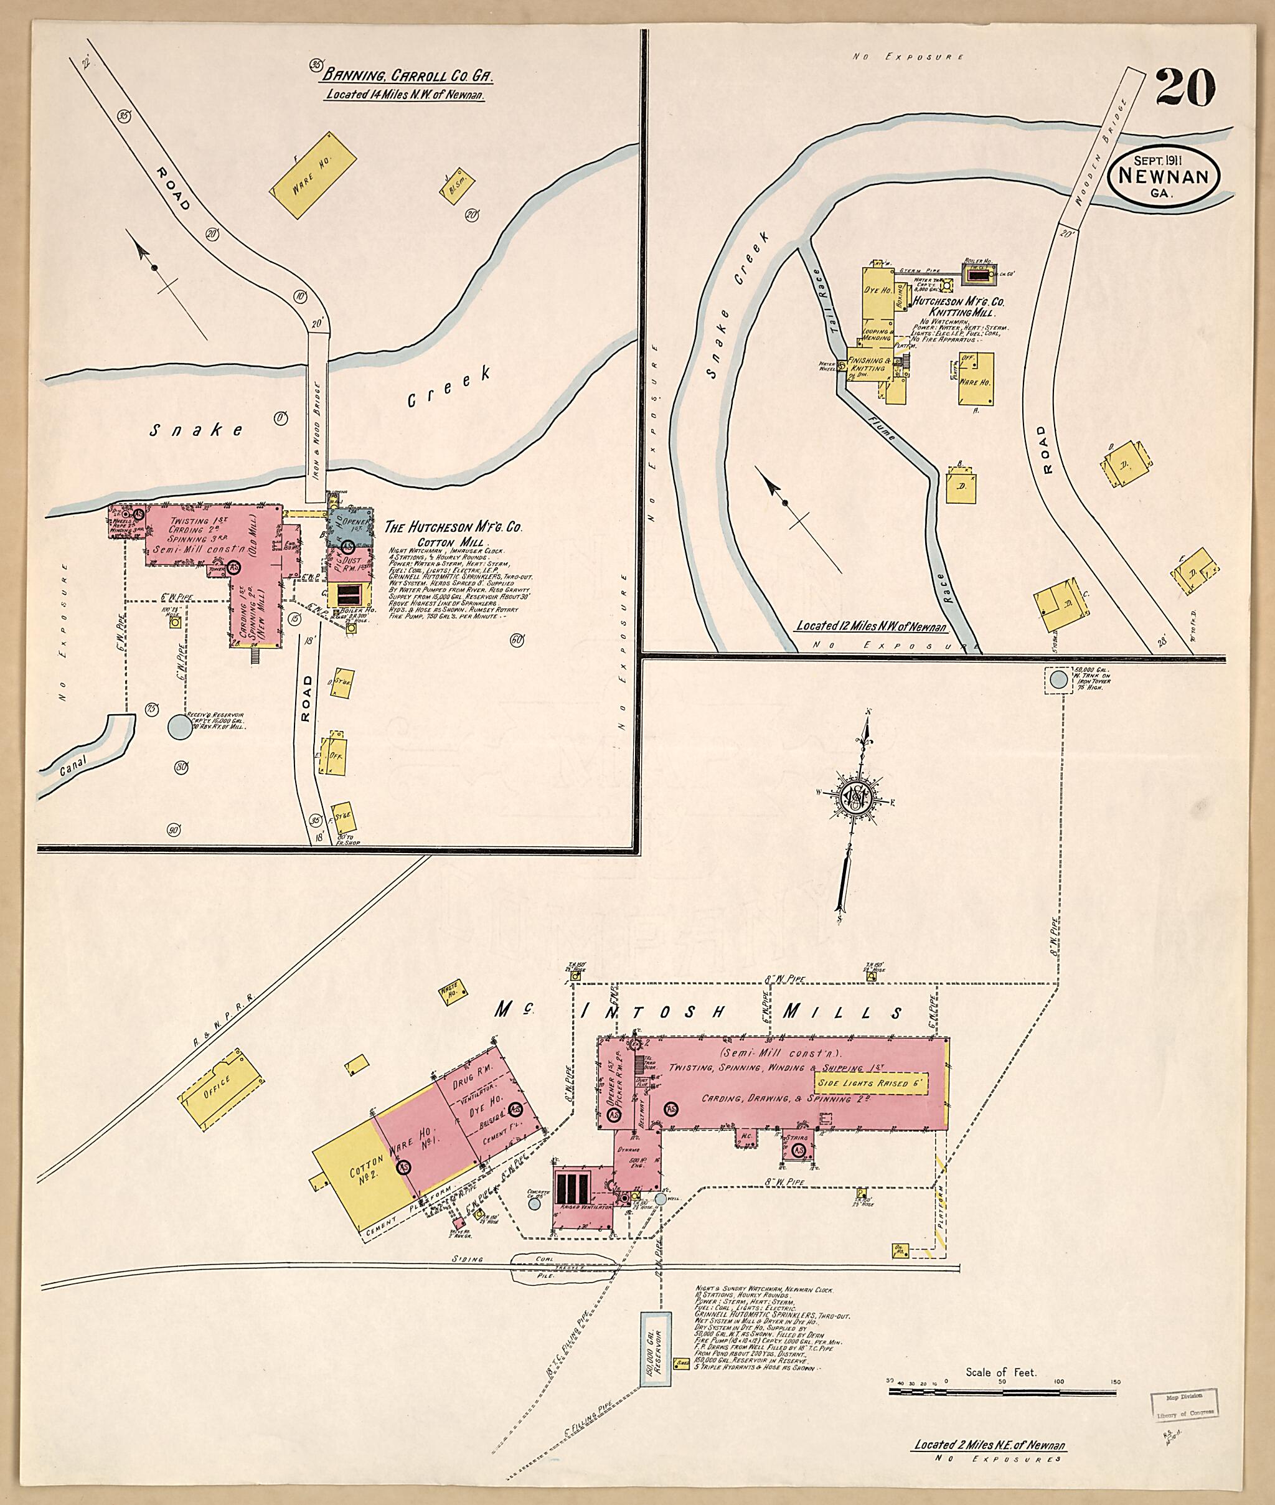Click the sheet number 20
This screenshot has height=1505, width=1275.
[x=1185, y=89]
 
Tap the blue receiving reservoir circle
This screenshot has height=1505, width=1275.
[x=179, y=727]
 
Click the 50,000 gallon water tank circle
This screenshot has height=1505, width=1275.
[x=1058, y=679]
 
